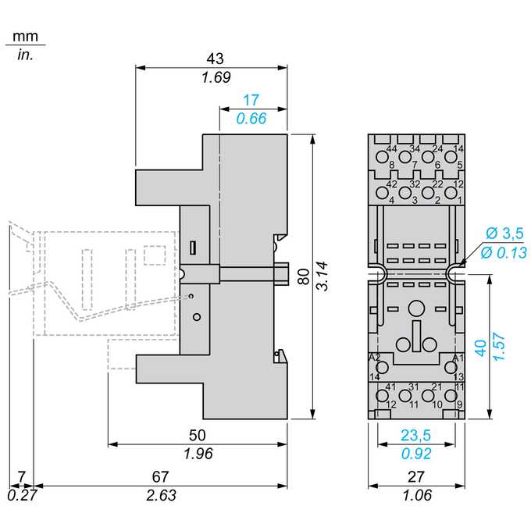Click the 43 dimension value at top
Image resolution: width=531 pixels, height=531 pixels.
[x=215, y=59]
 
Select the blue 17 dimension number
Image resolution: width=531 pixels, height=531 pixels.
[x=251, y=100]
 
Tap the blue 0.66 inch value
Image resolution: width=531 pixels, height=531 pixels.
[x=251, y=119]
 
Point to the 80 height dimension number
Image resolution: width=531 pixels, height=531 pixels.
[x=304, y=276]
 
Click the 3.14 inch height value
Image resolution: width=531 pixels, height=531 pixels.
[x=322, y=276]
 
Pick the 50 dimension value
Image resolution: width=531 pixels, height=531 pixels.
[x=197, y=436]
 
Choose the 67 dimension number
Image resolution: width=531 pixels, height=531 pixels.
[x=160, y=477]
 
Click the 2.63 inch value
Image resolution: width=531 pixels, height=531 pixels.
[x=161, y=495]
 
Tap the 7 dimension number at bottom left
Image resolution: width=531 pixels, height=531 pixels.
[x=22, y=477]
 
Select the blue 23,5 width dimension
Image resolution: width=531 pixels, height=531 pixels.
[x=416, y=436]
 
